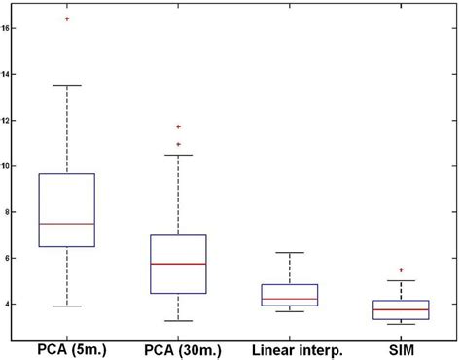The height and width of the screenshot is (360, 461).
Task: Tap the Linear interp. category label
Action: tap(290, 348)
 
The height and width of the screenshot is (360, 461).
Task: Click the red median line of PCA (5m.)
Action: tap(66, 224)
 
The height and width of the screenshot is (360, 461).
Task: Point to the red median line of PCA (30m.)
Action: tap(178, 264)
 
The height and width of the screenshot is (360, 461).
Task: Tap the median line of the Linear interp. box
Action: tap(290, 299)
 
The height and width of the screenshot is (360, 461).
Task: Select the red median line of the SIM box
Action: tap(402, 309)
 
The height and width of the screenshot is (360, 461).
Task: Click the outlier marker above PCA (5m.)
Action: tap(66, 18)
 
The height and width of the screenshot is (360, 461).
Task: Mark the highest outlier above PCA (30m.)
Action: tap(178, 126)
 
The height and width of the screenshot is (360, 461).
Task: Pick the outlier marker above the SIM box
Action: tap(402, 270)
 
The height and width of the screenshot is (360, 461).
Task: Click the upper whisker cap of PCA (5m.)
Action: tap(66, 85)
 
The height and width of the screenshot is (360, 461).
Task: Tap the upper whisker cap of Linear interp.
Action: tap(290, 253)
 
